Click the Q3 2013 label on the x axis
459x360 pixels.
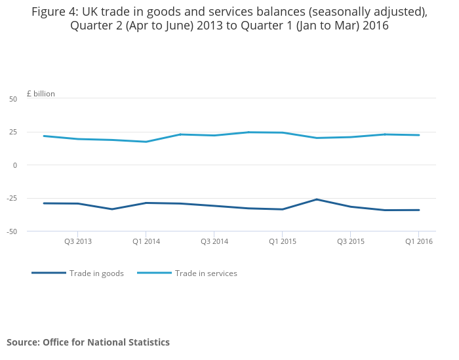pyautogui.click(x=78, y=241)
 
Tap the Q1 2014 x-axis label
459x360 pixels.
pyautogui.click(x=146, y=241)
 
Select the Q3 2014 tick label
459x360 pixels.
pyautogui.click(x=214, y=241)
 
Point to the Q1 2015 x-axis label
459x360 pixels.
pyautogui.click(x=283, y=241)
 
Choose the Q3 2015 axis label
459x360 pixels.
pyautogui.click(x=351, y=241)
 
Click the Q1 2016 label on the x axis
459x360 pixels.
pyautogui.click(x=419, y=241)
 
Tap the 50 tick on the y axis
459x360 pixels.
pyautogui.click(x=13, y=99)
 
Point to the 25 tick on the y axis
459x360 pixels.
pyautogui.click(x=13, y=132)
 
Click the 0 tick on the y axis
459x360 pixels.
pyautogui.click(x=15, y=165)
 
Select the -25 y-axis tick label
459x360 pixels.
pyautogui.click(x=12, y=199)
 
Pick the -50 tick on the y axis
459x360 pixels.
pyautogui.click(x=12, y=231)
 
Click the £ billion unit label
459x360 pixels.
pyautogui.click(x=41, y=94)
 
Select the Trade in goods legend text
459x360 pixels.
pyautogui.click(x=96, y=273)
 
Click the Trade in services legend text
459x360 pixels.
pyautogui.click(x=206, y=273)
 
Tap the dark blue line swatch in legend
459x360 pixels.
pyautogui.click(x=49, y=273)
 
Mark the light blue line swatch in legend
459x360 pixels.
pyautogui.click(x=154, y=273)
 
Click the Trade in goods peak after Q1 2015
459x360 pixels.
pyautogui.click(x=317, y=199)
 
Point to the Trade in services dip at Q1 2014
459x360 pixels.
pyautogui.click(x=146, y=142)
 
